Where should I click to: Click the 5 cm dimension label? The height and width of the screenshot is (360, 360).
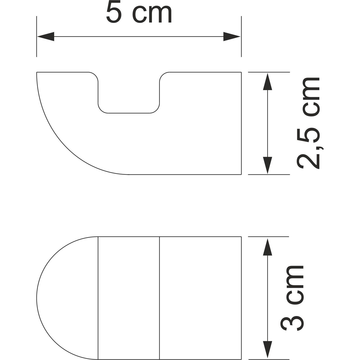(139, 13)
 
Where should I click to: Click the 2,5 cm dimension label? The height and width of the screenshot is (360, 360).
(308, 123)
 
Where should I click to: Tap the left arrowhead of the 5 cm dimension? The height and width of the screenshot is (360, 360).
(46, 36)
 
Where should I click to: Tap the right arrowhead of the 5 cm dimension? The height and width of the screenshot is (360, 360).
(232, 36)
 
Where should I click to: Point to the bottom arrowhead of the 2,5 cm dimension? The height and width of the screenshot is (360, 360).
(268, 165)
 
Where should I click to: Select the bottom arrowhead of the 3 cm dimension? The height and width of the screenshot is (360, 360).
(268, 350)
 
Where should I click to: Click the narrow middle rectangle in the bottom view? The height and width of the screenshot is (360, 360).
(129, 298)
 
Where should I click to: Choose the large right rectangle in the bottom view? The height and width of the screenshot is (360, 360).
(200, 298)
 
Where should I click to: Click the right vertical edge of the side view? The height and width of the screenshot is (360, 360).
(242, 123)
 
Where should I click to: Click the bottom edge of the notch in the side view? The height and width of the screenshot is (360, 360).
(129, 113)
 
